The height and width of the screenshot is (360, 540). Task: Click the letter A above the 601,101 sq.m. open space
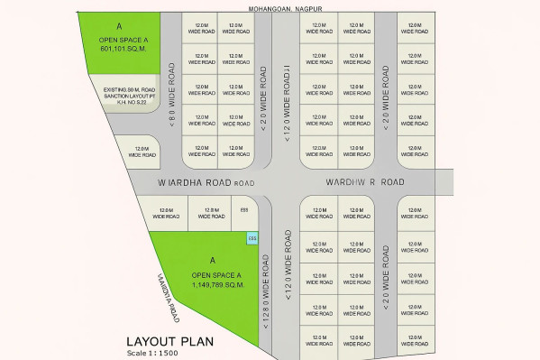[x=120, y=29]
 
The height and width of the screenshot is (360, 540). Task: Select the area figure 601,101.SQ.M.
[x=122, y=50]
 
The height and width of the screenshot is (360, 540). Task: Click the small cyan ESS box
[x=252, y=238]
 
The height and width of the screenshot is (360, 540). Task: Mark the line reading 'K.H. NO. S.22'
[x=126, y=105]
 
